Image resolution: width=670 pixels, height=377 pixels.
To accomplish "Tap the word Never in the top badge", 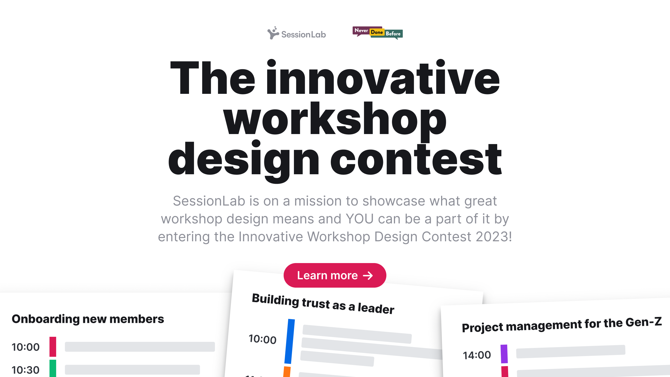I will pos(361,30).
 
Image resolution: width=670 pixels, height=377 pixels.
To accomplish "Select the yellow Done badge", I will pos(377,32).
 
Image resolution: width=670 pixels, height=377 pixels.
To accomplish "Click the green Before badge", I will pos(393,34).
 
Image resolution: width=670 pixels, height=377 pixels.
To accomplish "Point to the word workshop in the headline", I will pos(335,120).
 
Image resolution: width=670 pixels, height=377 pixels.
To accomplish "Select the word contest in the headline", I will pos(416,160).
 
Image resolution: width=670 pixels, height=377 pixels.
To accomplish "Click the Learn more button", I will pos(335,275).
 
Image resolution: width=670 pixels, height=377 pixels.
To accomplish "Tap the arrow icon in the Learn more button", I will pos(368,276).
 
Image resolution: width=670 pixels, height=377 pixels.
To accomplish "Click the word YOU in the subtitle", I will pos(360,219).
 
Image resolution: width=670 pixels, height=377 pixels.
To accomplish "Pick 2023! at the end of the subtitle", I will pos(494,237).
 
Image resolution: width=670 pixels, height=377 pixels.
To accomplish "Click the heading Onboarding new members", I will pos(88,319).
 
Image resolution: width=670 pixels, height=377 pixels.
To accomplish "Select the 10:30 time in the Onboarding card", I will pos(25,370).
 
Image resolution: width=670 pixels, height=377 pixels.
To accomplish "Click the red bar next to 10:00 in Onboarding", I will pos(53,347).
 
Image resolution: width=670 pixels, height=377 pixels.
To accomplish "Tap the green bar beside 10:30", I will pos(53,368).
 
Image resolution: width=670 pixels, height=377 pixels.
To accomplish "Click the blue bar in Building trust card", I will pos(289,341).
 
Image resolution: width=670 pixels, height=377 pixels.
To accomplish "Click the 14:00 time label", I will pos(477,355).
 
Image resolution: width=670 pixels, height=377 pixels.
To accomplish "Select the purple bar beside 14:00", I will pos(504,354).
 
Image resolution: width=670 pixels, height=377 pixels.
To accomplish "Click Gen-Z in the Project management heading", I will pos(643,322).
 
